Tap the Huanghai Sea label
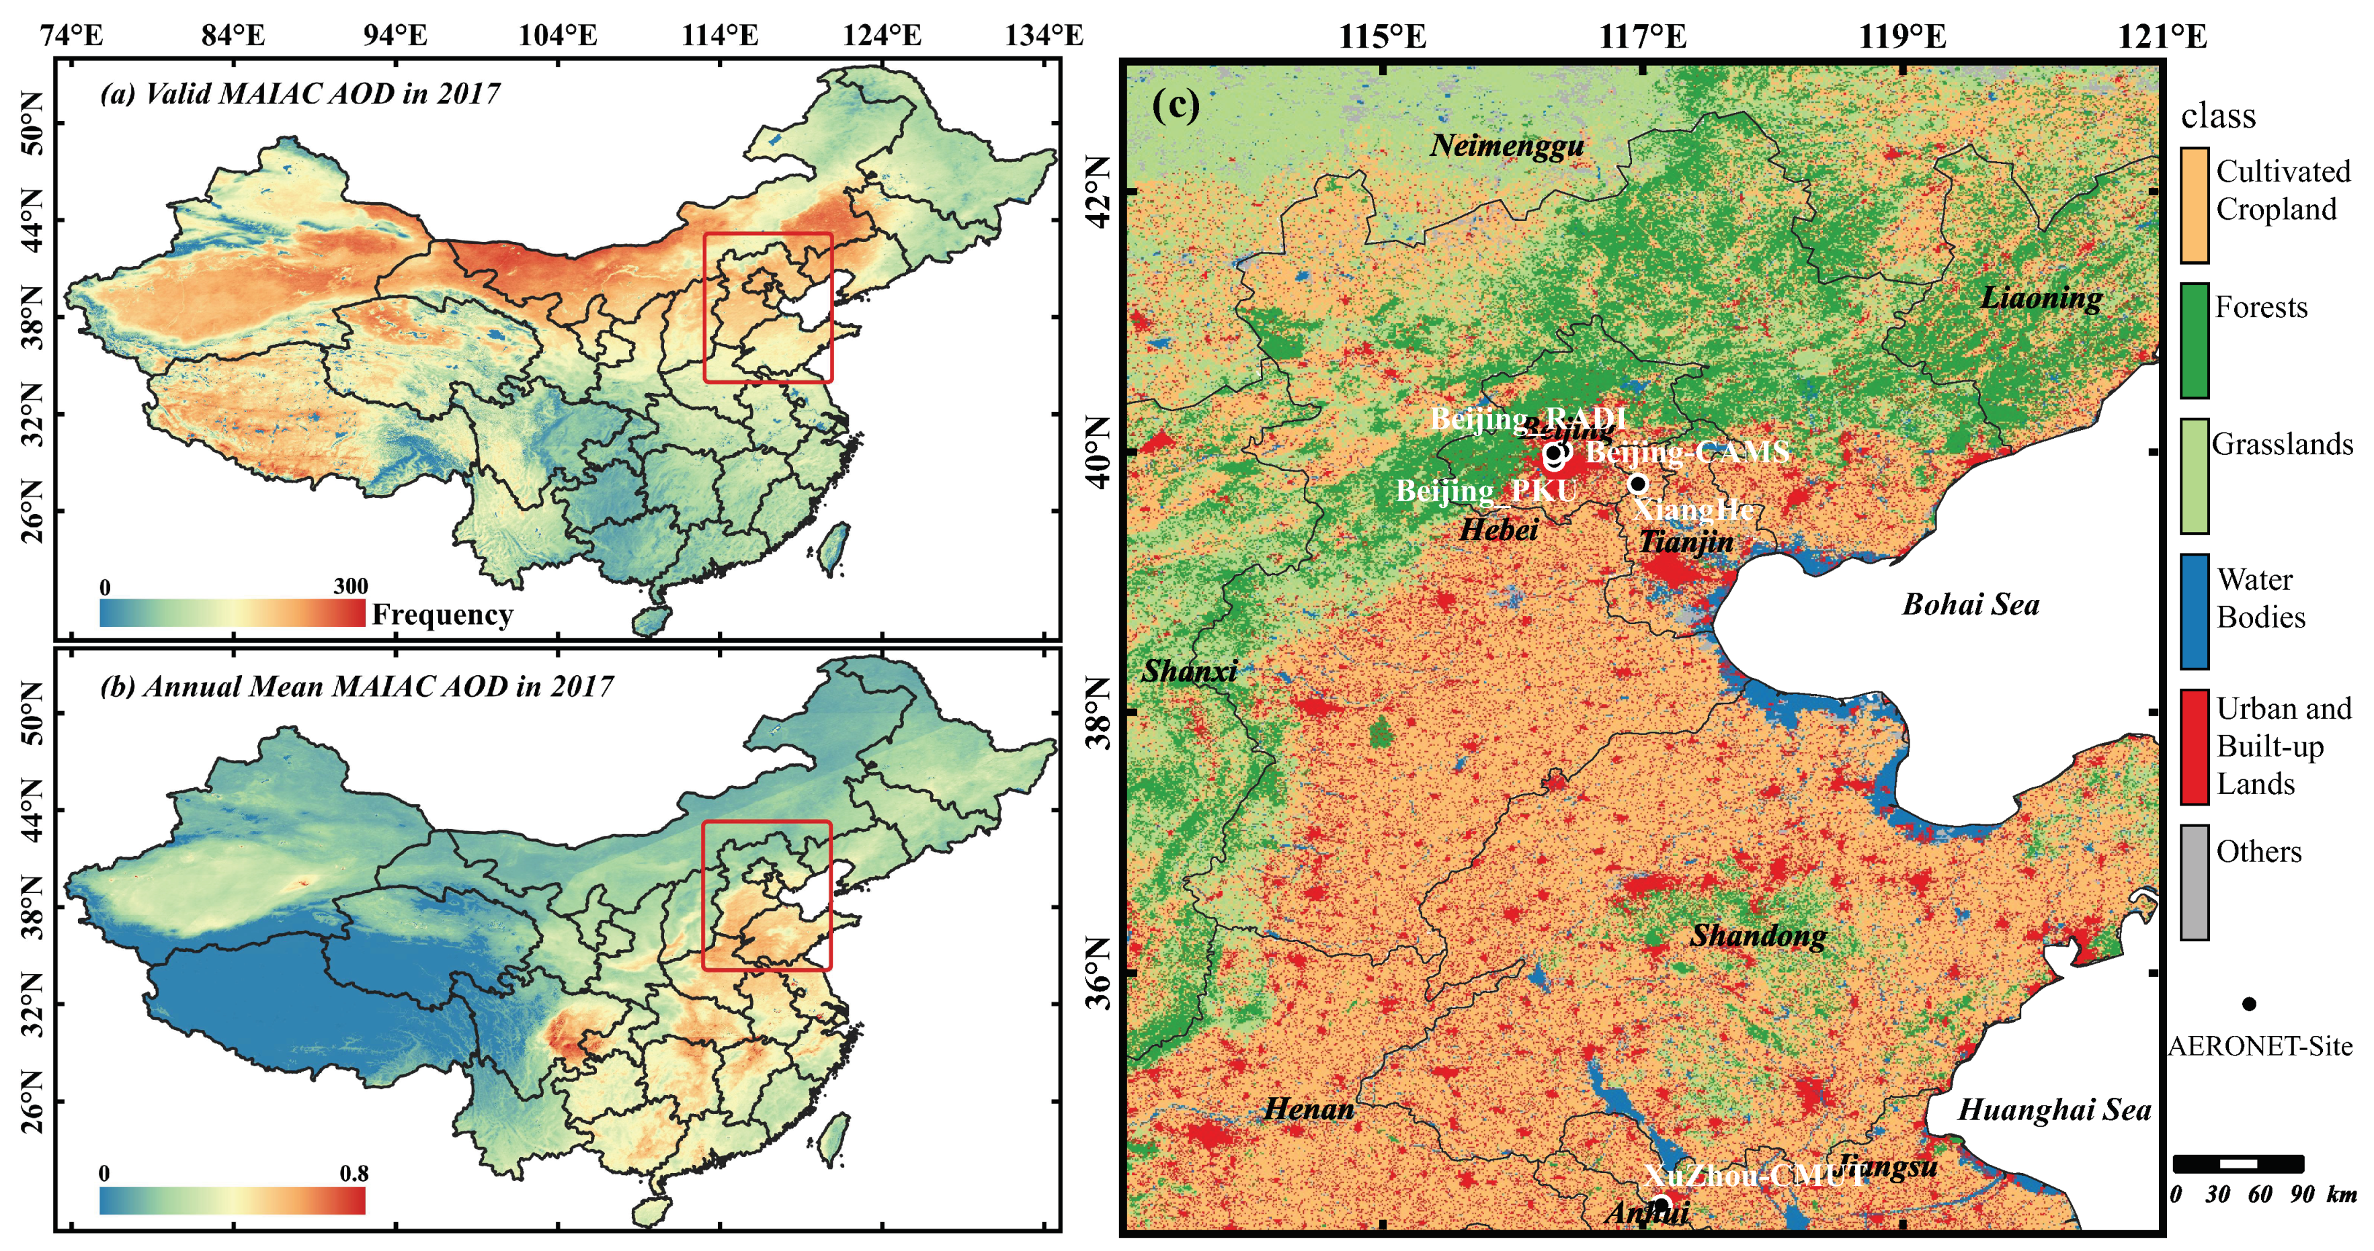tap(2054, 1109)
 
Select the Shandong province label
tap(1758, 935)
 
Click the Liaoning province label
tap(2041, 298)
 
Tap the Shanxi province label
tap(1189, 671)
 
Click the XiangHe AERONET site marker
tap(1637, 484)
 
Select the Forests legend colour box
tap(2195, 340)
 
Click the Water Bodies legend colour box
tap(2195, 611)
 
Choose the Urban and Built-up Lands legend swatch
tap(2195, 746)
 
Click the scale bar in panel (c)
tap(2238, 1164)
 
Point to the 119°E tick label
tap(1902, 37)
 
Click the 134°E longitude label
tap(1043, 35)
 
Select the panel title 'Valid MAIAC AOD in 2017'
tap(300, 93)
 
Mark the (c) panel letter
tap(1176, 105)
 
